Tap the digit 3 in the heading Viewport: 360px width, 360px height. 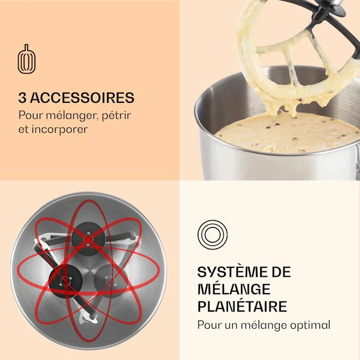pyautogui.click(x=23, y=98)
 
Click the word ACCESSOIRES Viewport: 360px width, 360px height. pyautogui.click(x=83, y=98)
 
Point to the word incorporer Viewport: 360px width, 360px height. pyautogui.click(x=60, y=129)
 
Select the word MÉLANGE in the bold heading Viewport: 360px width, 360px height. pyautogui.click(x=234, y=289)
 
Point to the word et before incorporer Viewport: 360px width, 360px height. pyautogui.click(x=24, y=129)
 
